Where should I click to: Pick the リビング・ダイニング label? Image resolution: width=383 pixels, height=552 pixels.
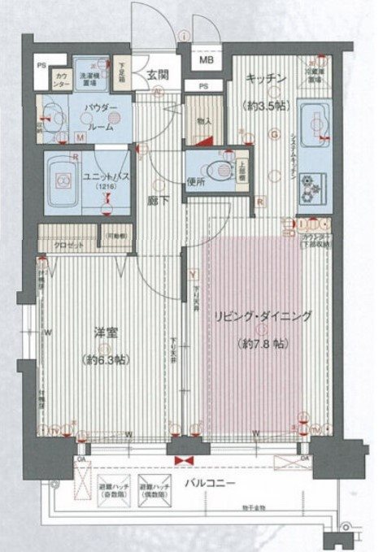click(x=265, y=318)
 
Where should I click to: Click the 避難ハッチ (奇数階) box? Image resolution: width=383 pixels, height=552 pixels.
click(x=112, y=494)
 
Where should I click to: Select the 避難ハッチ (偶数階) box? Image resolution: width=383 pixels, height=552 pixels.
click(x=155, y=494)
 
